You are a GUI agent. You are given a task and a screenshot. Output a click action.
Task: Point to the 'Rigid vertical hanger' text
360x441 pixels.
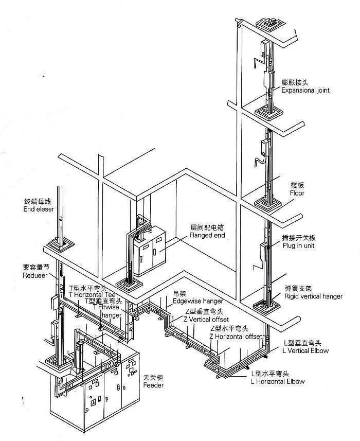(x=313, y=297)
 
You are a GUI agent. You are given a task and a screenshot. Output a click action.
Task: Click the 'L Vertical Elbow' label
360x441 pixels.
(x=305, y=350)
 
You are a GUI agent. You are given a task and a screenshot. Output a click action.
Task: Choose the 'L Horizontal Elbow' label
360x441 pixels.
(x=278, y=381)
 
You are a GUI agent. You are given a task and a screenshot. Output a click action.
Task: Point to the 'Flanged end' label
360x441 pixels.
(x=207, y=236)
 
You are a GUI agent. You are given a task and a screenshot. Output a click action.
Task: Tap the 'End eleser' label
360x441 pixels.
(x=39, y=209)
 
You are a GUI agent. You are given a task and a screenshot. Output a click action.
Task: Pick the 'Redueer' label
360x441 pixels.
(x=35, y=276)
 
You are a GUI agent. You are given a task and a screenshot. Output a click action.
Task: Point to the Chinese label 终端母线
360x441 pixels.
(x=37, y=202)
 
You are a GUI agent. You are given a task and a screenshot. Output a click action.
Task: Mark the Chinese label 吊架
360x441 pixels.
(x=166, y=294)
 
